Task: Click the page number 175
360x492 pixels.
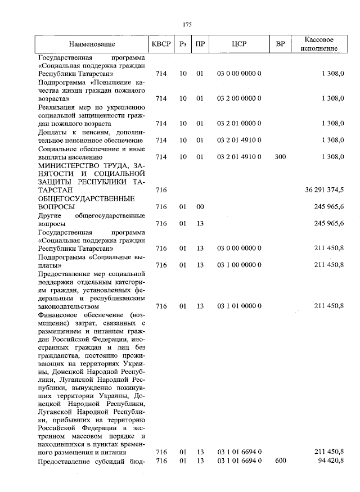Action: (188, 24)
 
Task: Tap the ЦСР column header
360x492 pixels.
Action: (239, 44)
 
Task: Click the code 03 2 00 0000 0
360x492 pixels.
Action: (239, 98)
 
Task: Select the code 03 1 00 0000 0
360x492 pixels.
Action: (239, 264)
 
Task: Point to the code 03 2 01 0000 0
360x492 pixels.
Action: (239, 123)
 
